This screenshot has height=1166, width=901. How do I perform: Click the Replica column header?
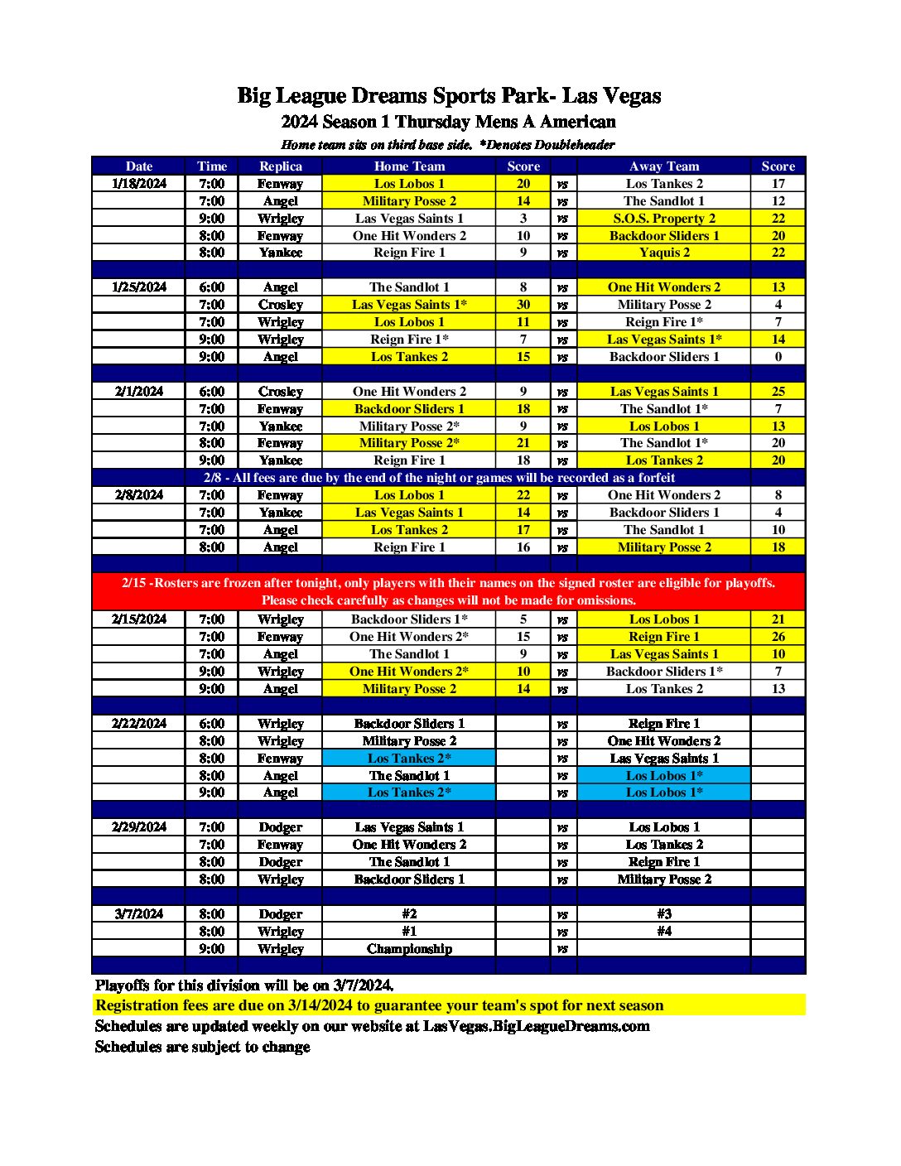[280, 166]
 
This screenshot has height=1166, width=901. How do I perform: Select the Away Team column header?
[663, 166]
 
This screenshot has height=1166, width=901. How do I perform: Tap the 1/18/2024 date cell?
[139, 184]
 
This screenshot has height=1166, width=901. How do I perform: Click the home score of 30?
[523, 305]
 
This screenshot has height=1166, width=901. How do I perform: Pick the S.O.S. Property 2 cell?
[663, 219]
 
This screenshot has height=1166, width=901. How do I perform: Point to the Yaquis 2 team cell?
[663, 253]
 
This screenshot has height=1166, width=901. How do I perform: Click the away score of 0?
[778, 357]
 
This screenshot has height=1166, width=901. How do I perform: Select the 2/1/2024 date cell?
[139, 392]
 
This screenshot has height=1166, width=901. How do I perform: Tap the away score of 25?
[778, 392]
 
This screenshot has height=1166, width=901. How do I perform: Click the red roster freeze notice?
[448, 591]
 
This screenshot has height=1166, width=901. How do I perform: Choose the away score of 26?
[778, 637]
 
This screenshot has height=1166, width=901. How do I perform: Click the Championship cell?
[409, 949]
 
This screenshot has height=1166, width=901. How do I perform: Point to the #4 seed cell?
[663, 932]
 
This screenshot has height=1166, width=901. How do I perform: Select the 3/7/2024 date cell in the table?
[139, 914]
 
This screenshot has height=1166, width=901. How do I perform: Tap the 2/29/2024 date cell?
[139, 827]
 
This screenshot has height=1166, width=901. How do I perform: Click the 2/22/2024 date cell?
[139, 724]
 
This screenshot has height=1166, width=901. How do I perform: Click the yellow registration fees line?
[379, 1005]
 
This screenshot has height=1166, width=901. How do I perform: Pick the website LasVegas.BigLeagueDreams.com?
[536, 1026]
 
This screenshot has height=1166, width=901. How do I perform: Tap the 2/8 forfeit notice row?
[439, 478]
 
